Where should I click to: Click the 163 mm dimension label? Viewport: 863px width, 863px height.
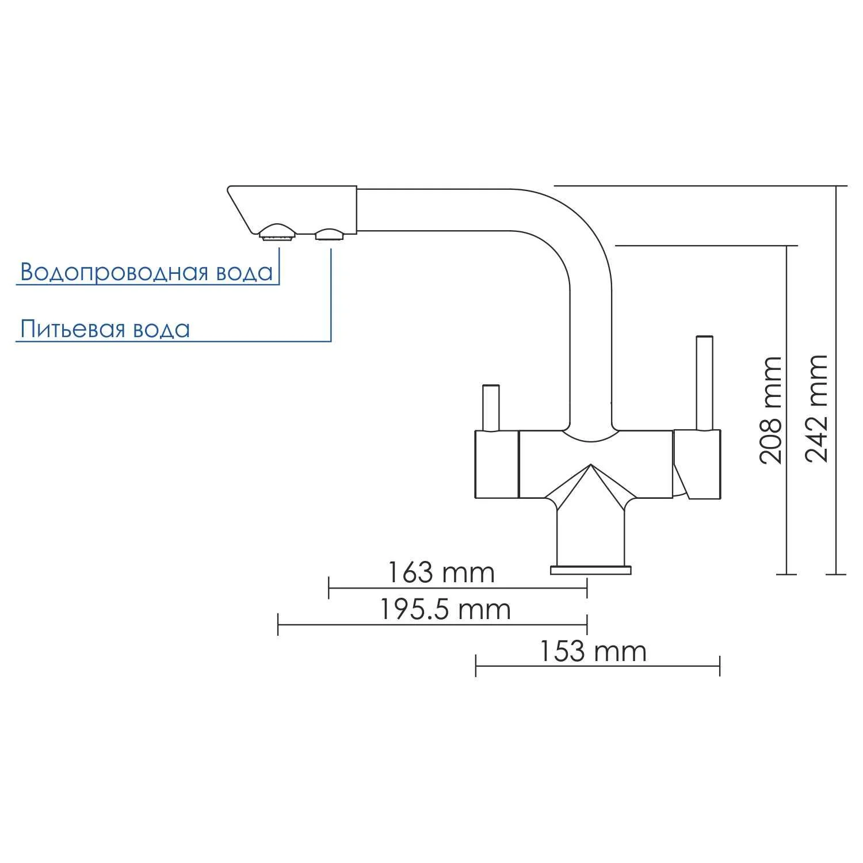[x=441, y=572]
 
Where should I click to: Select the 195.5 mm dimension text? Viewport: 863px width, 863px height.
[x=445, y=609]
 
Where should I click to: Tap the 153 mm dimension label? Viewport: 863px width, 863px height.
[x=593, y=652]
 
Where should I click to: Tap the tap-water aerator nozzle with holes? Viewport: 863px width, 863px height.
[x=277, y=232]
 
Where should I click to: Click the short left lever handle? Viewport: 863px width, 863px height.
[x=491, y=407]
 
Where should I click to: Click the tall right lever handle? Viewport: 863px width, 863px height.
[x=704, y=383]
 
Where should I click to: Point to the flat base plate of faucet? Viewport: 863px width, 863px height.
[x=590, y=570]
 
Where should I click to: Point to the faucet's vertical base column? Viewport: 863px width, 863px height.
[x=590, y=535]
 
